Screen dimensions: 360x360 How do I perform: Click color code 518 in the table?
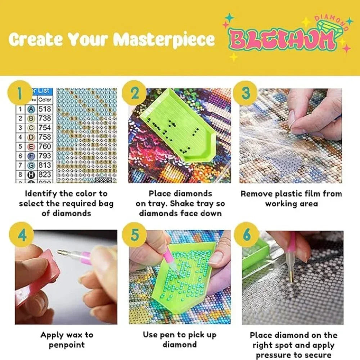pyautogui.click(x=45, y=109)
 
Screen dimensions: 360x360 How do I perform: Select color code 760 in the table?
pyautogui.click(x=45, y=147)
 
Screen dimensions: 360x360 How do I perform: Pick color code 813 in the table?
pyautogui.click(x=45, y=165)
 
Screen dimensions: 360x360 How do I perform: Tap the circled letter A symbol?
pyautogui.click(x=31, y=109)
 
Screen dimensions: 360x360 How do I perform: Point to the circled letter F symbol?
pyautogui.click(x=31, y=156)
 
